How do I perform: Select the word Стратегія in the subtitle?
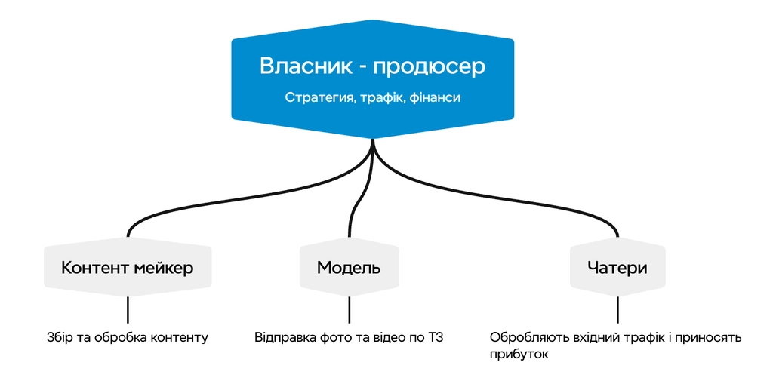[x=317, y=98]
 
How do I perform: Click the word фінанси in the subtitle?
[x=434, y=98]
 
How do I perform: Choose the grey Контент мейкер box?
[x=127, y=268]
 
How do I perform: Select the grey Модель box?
[x=349, y=268]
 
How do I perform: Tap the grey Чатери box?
[x=617, y=268]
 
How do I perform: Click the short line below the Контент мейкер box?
[x=127, y=309]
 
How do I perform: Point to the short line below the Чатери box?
[x=617, y=309]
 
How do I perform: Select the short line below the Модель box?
[x=349, y=309]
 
